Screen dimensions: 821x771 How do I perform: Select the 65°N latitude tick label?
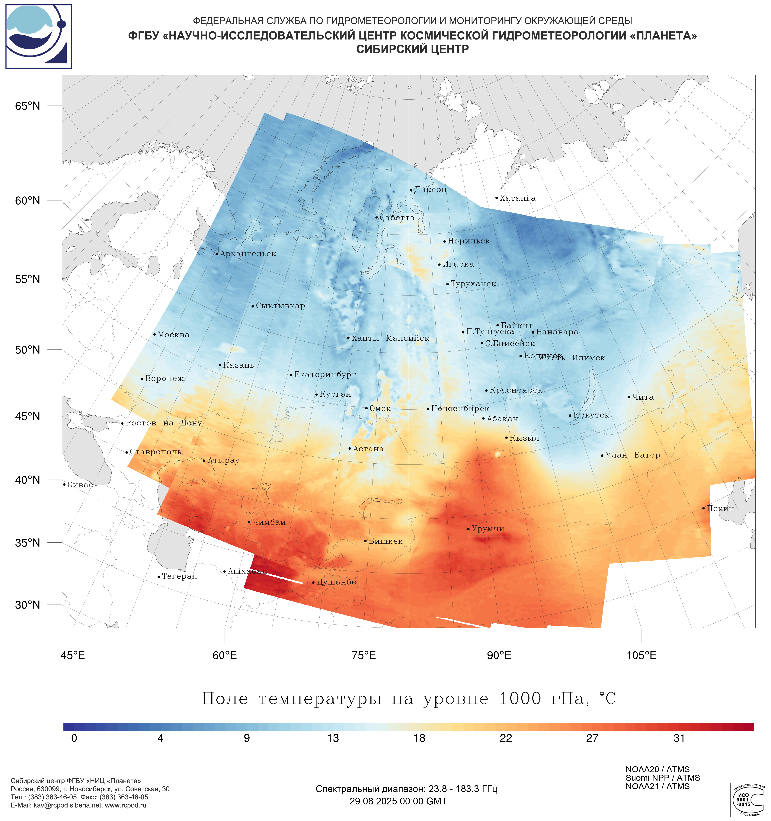click(x=28, y=106)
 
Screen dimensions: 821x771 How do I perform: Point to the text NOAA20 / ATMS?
click(x=657, y=769)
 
